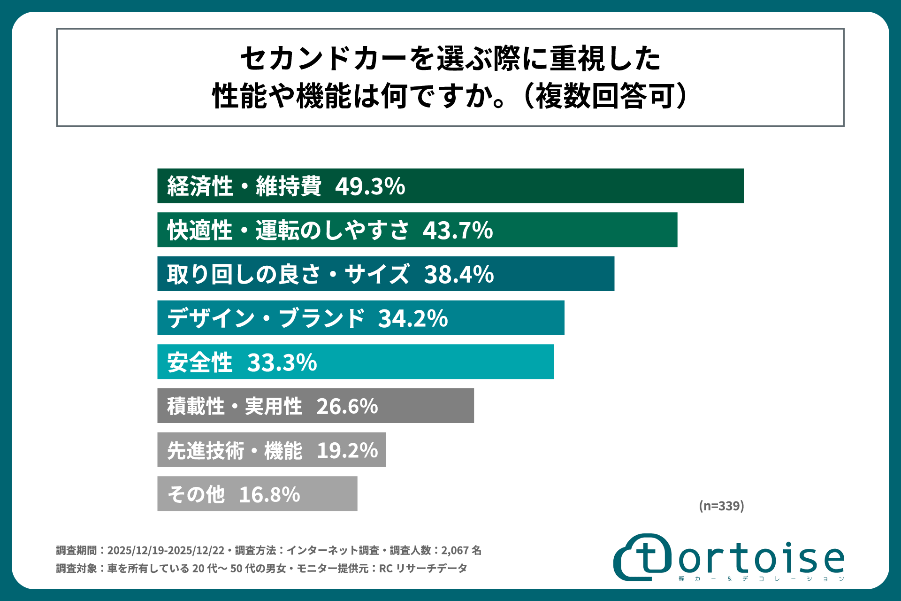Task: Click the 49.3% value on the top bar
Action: click(x=370, y=186)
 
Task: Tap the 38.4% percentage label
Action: click(x=458, y=274)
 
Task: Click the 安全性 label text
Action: click(x=200, y=362)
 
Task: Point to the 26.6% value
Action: click(x=347, y=407)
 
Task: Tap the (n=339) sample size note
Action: click(x=721, y=506)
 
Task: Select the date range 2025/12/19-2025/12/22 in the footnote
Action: click(x=166, y=550)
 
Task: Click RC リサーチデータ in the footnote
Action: click(x=423, y=569)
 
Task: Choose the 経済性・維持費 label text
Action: click(x=244, y=186)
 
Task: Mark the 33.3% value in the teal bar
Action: click(x=282, y=362)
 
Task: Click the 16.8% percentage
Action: click(x=269, y=494)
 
